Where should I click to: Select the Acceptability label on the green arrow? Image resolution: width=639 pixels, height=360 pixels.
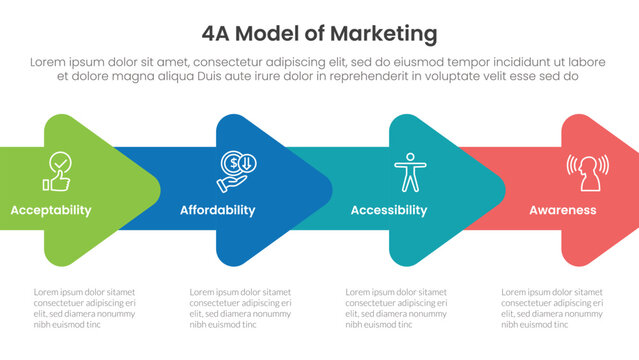click(51, 211)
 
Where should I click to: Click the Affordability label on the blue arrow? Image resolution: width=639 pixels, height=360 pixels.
click(217, 211)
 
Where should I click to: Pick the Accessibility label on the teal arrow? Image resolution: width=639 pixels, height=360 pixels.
click(389, 211)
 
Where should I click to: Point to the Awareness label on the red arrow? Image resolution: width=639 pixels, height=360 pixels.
click(563, 211)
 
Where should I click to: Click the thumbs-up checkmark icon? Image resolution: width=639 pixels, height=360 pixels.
click(55, 171)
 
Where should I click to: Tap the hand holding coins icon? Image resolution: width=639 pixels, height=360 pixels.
click(238, 171)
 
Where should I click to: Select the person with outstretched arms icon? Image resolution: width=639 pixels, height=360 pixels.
click(409, 171)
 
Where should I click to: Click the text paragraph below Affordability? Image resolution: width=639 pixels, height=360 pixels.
click(240, 307)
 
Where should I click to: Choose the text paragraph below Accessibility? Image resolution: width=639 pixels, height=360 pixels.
click(396, 307)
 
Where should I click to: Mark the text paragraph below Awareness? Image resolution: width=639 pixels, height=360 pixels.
click(552, 307)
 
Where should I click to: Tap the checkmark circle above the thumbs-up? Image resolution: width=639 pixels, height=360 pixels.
click(60, 161)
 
